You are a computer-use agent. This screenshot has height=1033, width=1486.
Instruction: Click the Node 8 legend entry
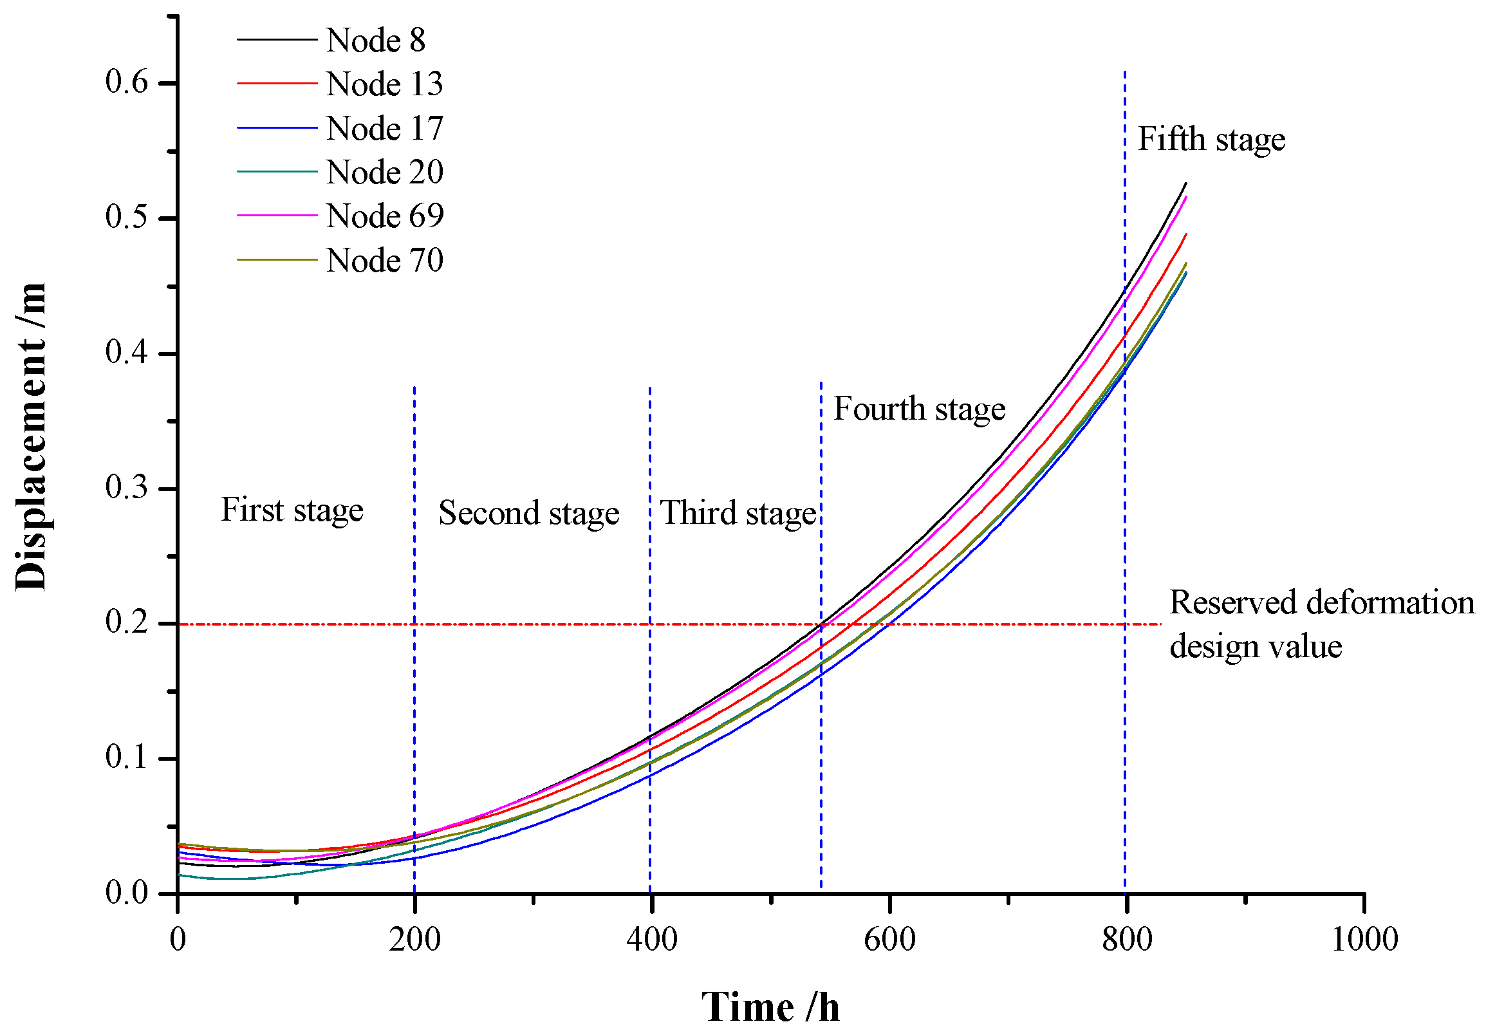click(x=375, y=40)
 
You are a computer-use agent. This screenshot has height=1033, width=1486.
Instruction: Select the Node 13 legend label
click(x=384, y=84)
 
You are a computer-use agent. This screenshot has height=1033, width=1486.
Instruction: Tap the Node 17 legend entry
click(x=384, y=128)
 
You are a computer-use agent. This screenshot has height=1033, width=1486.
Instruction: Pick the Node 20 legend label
click(x=384, y=172)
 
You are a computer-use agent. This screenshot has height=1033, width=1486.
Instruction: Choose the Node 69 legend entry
click(x=384, y=216)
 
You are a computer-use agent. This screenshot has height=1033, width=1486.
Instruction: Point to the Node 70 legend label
click(x=384, y=260)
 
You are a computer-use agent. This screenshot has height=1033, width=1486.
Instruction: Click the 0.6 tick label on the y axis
click(x=127, y=82)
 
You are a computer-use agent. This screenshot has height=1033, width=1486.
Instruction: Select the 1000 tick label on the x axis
click(x=1364, y=939)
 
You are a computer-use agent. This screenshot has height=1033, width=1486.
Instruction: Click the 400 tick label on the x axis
click(x=652, y=939)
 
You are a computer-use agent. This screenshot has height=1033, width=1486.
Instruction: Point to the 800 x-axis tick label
click(x=1127, y=939)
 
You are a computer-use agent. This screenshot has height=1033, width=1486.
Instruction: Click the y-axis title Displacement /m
click(x=31, y=436)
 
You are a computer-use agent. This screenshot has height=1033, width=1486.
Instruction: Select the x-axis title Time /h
click(x=770, y=1007)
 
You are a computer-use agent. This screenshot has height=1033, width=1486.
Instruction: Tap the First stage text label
click(x=292, y=510)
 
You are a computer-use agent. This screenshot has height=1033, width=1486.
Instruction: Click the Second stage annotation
click(x=529, y=513)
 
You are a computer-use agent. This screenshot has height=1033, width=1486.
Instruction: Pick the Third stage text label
click(x=738, y=513)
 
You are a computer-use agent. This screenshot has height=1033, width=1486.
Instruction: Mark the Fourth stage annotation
click(x=919, y=409)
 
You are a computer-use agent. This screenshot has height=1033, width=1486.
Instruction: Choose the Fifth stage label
click(x=1211, y=140)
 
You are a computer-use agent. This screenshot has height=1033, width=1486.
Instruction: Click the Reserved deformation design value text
click(x=1321, y=624)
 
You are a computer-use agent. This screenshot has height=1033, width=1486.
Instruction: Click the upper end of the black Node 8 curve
click(x=1185, y=184)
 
